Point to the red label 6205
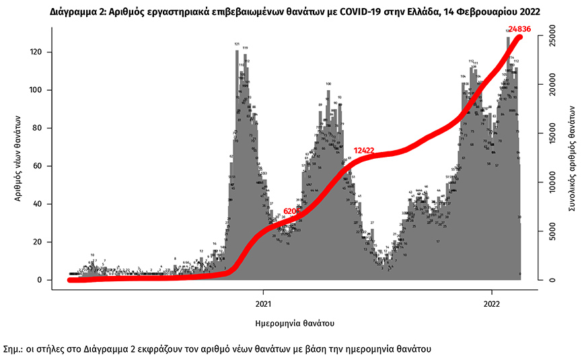coord(292,211)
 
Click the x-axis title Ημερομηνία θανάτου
coord(295,324)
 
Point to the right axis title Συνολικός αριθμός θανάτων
coord(571,159)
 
